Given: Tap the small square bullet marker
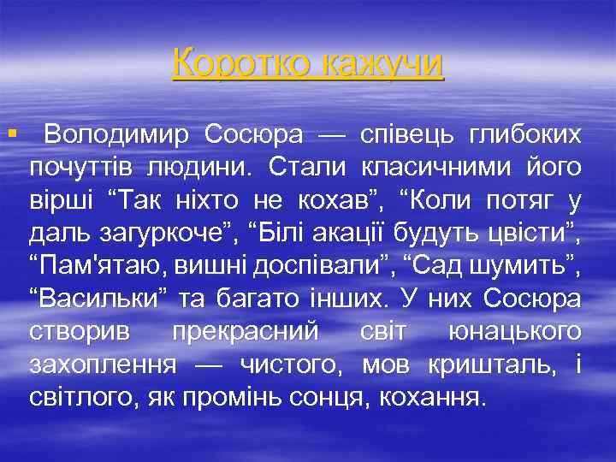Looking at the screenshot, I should point(11,133).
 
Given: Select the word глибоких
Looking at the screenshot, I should point(526,134).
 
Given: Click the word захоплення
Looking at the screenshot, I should point(104,365).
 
